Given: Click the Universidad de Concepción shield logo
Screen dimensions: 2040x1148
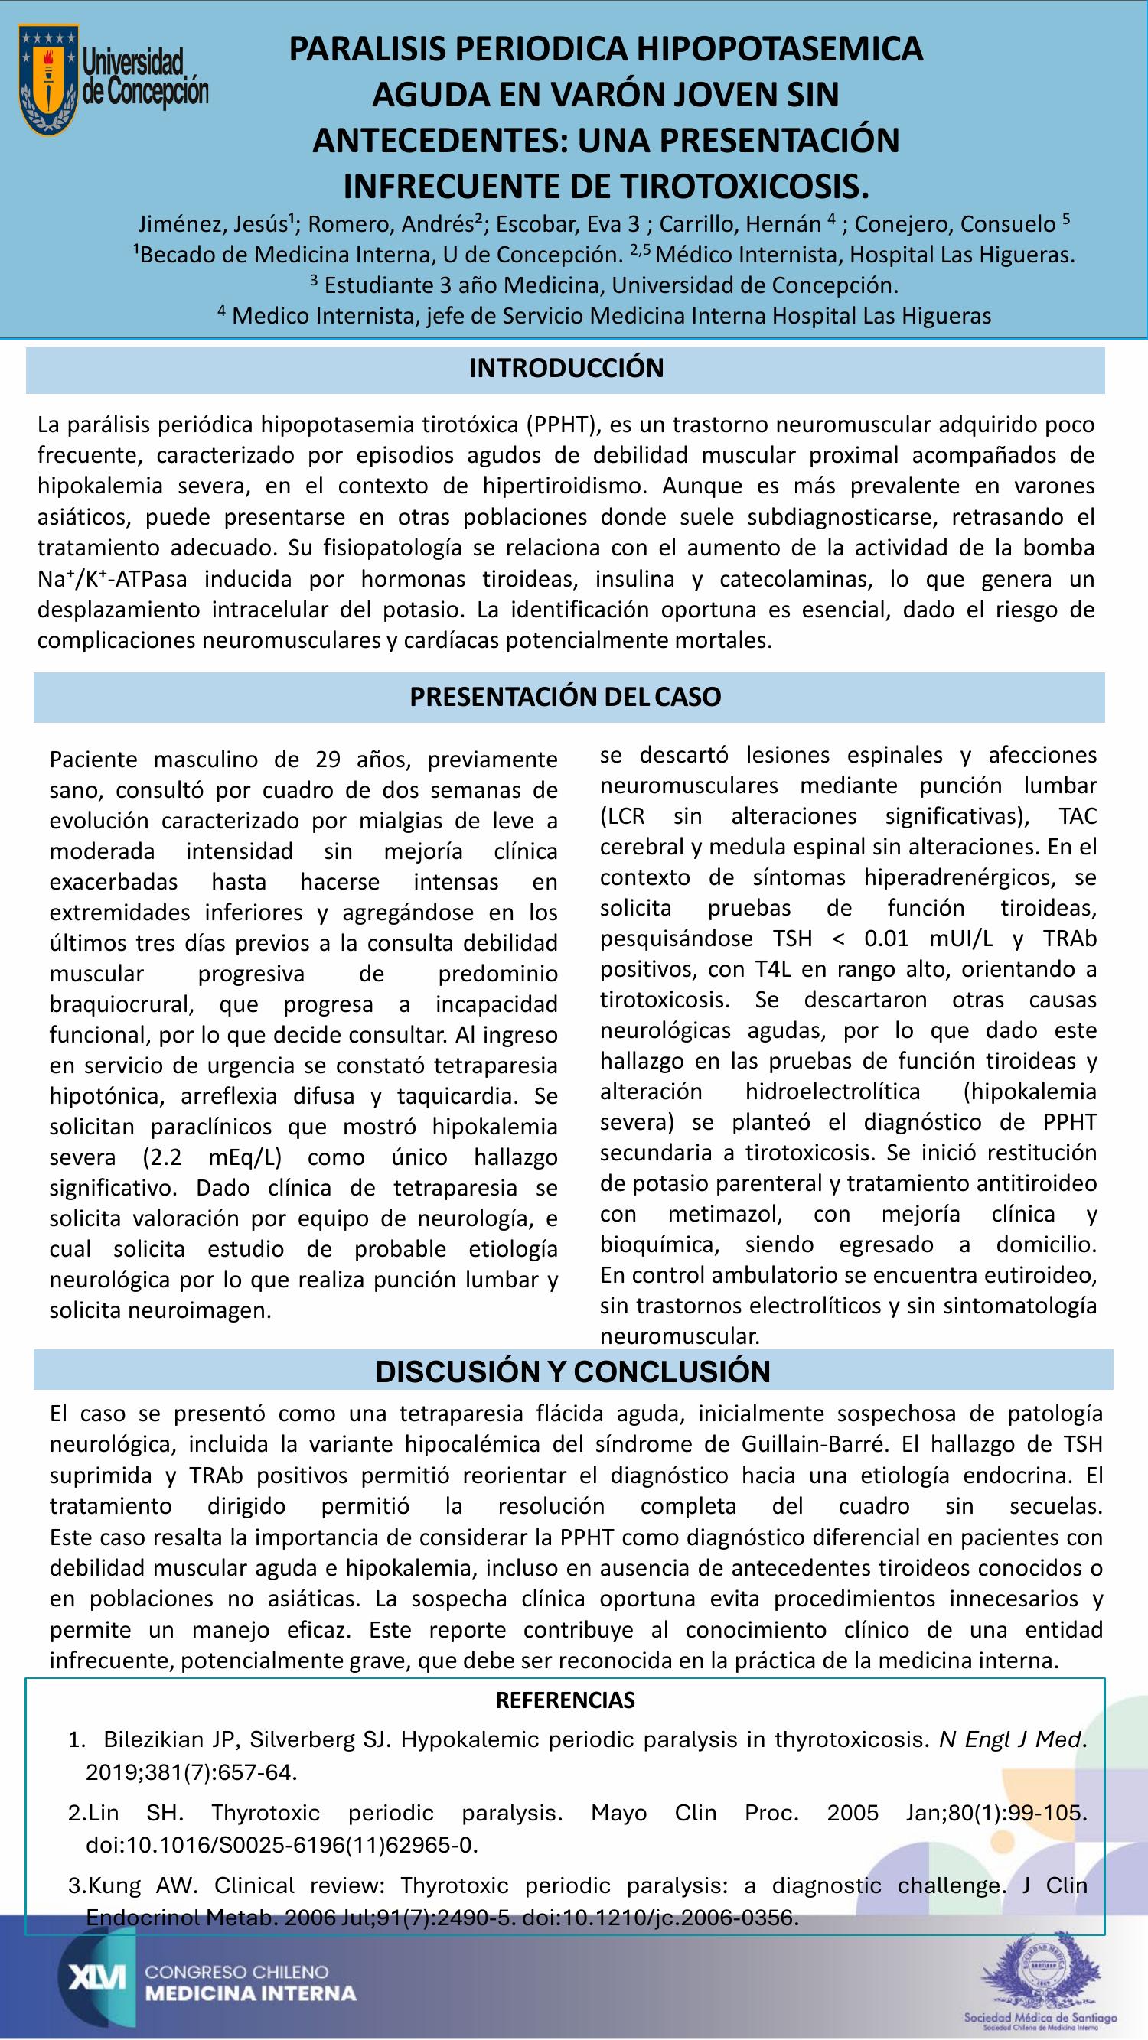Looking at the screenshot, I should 49,80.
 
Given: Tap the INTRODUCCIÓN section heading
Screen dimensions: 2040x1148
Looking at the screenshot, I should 566,368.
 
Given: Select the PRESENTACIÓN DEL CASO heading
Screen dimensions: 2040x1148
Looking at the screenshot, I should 565,697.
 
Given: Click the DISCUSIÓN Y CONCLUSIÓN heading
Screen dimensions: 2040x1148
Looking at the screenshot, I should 572,1371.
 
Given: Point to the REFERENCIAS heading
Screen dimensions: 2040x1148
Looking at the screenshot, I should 565,1700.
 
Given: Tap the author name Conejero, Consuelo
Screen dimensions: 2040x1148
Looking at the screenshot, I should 954,224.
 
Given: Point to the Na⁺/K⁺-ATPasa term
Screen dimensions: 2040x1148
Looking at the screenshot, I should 113,579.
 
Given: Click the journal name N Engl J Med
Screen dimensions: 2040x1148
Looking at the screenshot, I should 1009,1740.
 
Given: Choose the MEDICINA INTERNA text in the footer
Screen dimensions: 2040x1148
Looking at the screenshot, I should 250,1993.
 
